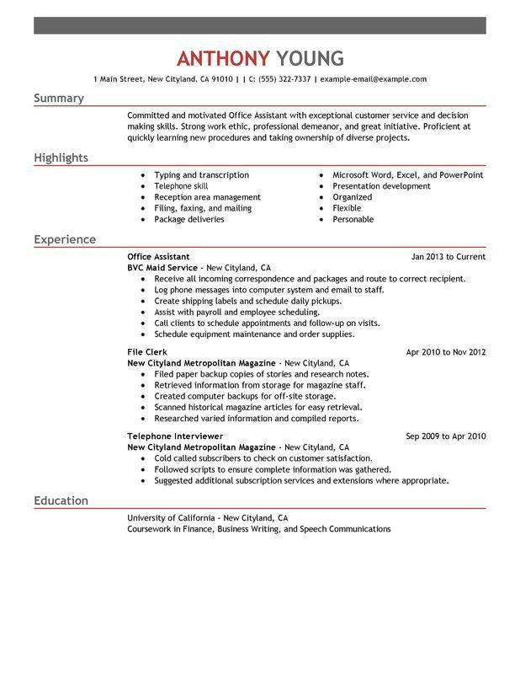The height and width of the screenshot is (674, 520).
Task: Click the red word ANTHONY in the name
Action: coord(223,58)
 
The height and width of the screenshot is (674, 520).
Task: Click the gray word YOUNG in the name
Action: coord(310,58)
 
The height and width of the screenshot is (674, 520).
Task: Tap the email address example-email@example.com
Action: coord(373,79)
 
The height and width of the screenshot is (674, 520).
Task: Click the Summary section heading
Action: coord(59,99)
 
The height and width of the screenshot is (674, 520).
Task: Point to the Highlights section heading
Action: coord(61,158)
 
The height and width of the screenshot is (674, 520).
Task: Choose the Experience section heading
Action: coord(65,239)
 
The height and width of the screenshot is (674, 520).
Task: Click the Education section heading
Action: coord(61,500)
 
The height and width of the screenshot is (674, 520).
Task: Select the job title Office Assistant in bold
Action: coord(158,256)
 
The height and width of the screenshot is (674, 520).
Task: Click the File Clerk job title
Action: coord(147,351)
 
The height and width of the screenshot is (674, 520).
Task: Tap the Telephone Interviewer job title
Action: coord(169,436)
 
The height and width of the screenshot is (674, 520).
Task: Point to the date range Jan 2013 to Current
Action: coord(448,256)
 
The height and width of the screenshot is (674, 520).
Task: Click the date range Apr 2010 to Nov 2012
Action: coord(445,351)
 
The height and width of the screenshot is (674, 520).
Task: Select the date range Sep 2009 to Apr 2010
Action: coord(445,436)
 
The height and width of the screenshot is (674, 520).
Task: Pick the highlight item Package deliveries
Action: coord(189,219)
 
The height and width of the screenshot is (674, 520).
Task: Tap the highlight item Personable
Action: coord(353,219)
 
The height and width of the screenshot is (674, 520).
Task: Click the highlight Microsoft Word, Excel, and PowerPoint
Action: coord(407,175)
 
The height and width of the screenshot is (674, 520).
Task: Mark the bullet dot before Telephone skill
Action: coord(143,186)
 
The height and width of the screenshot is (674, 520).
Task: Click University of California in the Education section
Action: coord(169,517)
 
